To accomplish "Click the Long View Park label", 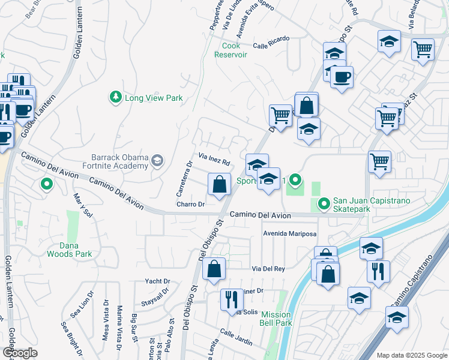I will [153, 98].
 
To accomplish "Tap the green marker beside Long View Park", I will [114, 96].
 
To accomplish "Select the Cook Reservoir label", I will [231, 50].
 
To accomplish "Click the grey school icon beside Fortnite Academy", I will [157, 160].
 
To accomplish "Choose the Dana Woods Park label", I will [70, 250].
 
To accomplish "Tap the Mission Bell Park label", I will [276, 319].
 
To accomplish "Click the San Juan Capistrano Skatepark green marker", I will [324, 205].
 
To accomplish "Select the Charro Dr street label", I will [191, 205].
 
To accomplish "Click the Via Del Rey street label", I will [268, 269].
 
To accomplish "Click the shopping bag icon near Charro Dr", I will [220, 184].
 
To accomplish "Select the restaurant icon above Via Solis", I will [232, 299].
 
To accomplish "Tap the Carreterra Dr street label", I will [184, 179].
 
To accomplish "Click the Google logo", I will [20, 353].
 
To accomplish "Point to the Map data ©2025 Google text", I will [411, 355].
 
